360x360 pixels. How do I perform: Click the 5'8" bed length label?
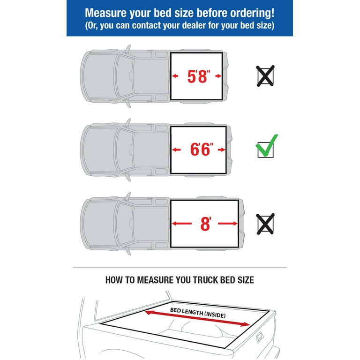coord(199,76)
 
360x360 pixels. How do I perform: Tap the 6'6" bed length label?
coord(202,150)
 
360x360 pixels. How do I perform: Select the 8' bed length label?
coord(205,224)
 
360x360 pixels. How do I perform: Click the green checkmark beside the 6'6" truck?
coord(267,146)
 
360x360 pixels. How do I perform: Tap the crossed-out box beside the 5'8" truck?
coord(265,76)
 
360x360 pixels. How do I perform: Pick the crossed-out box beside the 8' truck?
coord(265,224)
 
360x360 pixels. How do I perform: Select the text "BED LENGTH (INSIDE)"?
coord(198,313)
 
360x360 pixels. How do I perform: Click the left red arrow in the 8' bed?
coord(181,224)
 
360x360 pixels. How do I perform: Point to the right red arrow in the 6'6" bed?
coord(222,150)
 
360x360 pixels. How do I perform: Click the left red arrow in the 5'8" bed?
coord(175,76)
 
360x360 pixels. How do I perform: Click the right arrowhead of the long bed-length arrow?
coord(247,324)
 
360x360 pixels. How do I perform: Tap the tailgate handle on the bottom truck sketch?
coord(260,337)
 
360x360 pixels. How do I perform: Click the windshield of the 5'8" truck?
coord(125,76)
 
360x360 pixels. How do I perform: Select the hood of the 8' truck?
coord(99,224)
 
